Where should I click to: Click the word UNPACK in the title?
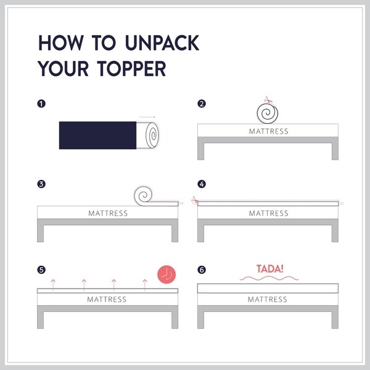pyautogui.click(x=162, y=43)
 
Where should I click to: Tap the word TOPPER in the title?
pyautogui.click(x=131, y=68)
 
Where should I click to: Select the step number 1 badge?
pyautogui.click(x=41, y=104)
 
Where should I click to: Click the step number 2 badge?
pyautogui.click(x=202, y=104)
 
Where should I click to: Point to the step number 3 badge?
pyautogui.click(x=41, y=184)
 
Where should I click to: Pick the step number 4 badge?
pyautogui.click(x=202, y=184)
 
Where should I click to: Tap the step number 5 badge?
pyautogui.click(x=41, y=269)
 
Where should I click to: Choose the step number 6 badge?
pyautogui.click(x=202, y=269)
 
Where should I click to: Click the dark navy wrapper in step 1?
pyautogui.click(x=97, y=135)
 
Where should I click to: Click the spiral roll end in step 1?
pyautogui.click(x=152, y=135)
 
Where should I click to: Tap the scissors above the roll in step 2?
pyautogui.click(x=268, y=100)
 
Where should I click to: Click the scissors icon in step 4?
pyautogui.click(x=195, y=200)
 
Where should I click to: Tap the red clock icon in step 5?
pyautogui.click(x=166, y=274)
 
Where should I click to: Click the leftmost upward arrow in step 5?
pyautogui.click(x=53, y=285)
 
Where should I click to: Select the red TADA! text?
pyautogui.click(x=269, y=269)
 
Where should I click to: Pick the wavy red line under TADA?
pyautogui.click(x=269, y=279)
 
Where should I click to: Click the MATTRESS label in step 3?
pyautogui.click(x=108, y=213)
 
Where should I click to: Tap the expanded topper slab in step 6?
pyautogui.click(x=268, y=289)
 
